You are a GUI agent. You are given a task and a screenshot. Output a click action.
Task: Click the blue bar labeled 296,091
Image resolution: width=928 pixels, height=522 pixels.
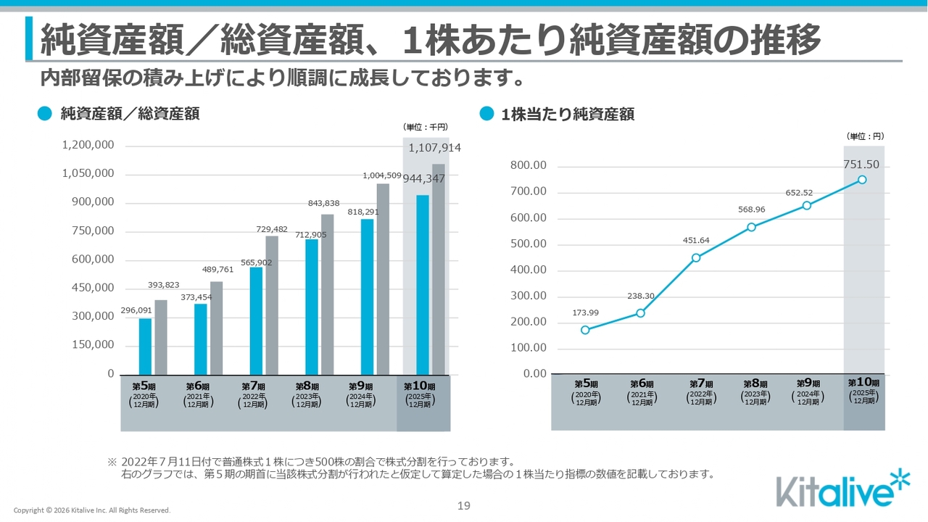pyautogui.click(x=146, y=347)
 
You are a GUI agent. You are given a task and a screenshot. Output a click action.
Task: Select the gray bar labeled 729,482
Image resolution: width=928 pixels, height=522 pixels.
pyautogui.click(x=272, y=305)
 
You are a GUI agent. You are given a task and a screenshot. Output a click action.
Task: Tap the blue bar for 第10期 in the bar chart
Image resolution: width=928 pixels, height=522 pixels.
pyautogui.click(x=423, y=285)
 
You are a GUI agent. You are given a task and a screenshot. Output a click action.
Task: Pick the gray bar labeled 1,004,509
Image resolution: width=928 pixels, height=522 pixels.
pyautogui.click(x=383, y=279)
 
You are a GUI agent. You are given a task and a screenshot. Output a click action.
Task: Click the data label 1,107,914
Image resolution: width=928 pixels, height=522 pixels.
pyautogui.click(x=434, y=148)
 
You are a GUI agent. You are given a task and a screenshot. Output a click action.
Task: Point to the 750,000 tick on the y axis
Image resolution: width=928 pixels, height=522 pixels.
pyautogui.click(x=94, y=231)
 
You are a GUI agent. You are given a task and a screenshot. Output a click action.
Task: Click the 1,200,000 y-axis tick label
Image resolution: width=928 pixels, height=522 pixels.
pyautogui.click(x=88, y=145)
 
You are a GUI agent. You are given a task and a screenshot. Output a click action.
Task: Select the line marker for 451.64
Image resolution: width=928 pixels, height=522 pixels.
pyautogui.click(x=696, y=257)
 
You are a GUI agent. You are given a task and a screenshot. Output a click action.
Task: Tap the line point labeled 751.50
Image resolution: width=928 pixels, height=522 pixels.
pyautogui.click(x=862, y=180)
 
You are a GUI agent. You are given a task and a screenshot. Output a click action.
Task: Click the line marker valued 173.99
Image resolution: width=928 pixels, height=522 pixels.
pyautogui.click(x=585, y=330)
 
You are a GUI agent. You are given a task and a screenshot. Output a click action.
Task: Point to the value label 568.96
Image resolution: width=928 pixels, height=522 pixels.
pyautogui.click(x=752, y=210)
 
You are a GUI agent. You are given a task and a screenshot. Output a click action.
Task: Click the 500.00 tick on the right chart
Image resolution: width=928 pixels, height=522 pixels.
pyautogui.click(x=529, y=244)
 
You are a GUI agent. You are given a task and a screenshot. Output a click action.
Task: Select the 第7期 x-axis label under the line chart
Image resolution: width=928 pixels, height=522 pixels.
pyautogui.click(x=700, y=384)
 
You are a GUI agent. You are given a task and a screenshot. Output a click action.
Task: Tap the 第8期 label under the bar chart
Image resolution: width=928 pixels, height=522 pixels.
pyautogui.click(x=307, y=386)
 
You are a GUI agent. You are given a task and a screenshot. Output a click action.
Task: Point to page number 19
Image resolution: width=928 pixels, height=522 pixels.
pyautogui.click(x=464, y=506)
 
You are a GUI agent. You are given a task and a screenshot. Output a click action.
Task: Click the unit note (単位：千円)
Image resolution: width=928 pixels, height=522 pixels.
pyautogui.click(x=426, y=127)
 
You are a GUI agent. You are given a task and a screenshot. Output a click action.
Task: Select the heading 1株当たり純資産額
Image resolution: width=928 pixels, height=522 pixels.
pyautogui.click(x=568, y=114)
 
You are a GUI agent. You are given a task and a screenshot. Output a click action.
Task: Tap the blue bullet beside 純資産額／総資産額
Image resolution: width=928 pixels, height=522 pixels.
pyautogui.click(x=45, y=113)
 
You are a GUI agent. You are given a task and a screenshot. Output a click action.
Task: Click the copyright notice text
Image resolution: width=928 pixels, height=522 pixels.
pyautogui.click(x=92, y=510)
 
